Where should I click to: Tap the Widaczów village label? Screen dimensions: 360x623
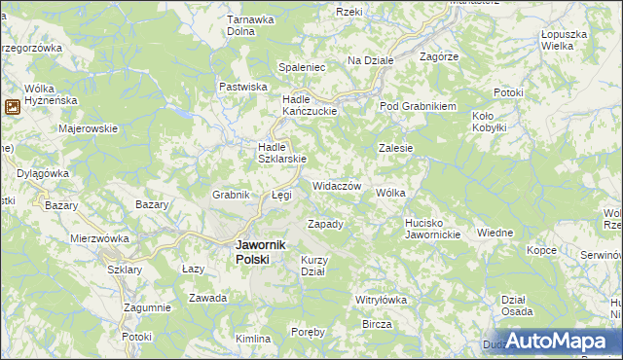(x=337, y=186)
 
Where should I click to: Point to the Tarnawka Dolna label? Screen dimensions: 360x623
(x=247, y=24)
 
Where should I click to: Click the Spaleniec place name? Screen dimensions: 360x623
(x=299, y=68)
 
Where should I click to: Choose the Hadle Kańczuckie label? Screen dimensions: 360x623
(x=309, y=105)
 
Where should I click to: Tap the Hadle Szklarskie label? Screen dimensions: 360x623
(x=281, y=153)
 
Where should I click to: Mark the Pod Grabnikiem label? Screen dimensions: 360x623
(x=418, y=106)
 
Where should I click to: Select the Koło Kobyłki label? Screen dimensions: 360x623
(x=490, y=122)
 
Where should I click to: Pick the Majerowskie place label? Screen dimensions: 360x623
(x=88, y=128)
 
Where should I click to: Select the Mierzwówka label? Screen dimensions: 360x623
(x=99, y=237)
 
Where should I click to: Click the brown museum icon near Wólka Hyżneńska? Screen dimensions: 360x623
(x=13, y=108)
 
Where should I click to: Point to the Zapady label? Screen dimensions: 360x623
(x=325, y=224)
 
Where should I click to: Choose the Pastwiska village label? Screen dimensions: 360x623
(x=243, y=87)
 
